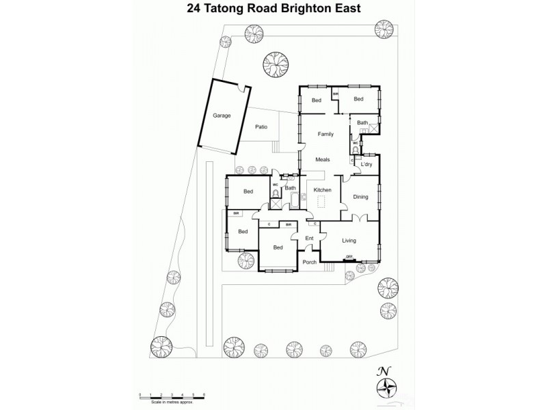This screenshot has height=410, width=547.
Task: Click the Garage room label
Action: [221, 115]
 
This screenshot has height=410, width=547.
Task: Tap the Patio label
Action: [261, 127]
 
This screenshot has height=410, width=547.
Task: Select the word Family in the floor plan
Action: [325, 134]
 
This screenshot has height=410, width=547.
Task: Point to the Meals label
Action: [323, 159]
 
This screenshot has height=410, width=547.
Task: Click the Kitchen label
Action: [322, 189]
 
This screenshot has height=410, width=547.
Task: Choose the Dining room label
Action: [360, 197]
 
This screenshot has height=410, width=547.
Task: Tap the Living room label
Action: [349, 240]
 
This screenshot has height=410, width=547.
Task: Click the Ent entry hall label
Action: [308, 238]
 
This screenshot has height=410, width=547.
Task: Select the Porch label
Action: [310, 263]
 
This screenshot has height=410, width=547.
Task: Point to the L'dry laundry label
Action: [366, 165]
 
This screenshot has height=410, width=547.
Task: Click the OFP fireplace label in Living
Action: [349, 257]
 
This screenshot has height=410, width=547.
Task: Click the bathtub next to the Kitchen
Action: [295, 200]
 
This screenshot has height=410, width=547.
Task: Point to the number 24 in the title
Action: [184, 10]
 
